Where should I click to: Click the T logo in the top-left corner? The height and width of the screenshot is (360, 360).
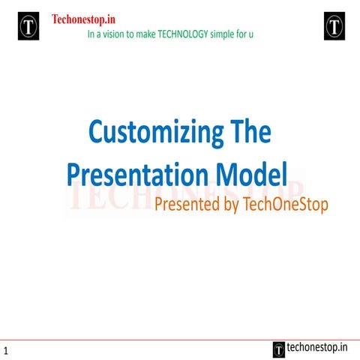28,26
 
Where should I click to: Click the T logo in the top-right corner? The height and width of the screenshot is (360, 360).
334,26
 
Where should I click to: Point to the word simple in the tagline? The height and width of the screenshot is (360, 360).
219,34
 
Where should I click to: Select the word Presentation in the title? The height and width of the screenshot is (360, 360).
130,174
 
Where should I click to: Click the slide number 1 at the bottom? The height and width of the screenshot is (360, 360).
5,351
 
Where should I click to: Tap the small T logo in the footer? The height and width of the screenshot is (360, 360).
279,348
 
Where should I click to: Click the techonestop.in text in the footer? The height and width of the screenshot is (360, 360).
318,347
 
